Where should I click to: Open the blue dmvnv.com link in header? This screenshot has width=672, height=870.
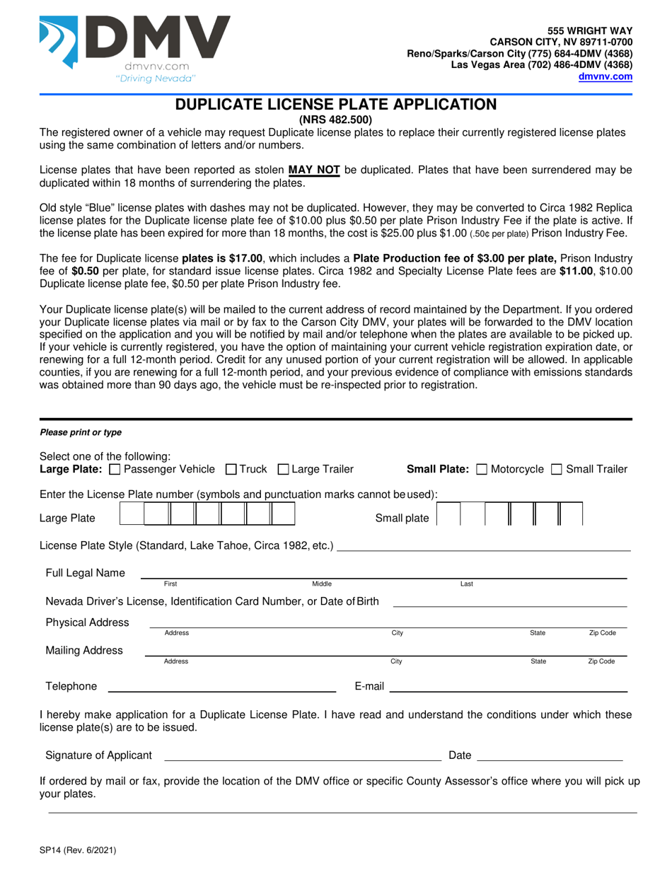tap(605, 76)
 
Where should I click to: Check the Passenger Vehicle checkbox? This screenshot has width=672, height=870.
tap(116, 469)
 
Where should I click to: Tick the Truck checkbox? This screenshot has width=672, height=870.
tap(231, 469)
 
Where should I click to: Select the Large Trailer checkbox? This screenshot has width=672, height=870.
tap(283, 469)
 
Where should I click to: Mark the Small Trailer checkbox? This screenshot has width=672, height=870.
tap(557, 469)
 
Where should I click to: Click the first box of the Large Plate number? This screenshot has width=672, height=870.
tap(131, 514)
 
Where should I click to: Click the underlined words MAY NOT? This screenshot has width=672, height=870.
tap(315, 170)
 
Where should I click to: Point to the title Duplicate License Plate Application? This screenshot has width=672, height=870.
tap(336, 105)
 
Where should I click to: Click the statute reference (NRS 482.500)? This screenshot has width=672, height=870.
tap(336, 120)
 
